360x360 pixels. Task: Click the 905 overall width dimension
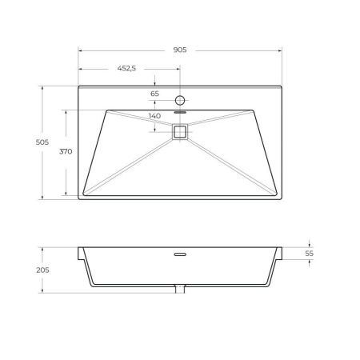(179, 50)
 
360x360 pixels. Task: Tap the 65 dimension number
(155, 94)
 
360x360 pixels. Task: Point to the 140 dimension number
(155, 116)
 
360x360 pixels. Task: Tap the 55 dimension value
(310, 253)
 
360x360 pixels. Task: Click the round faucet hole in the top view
(180, 101)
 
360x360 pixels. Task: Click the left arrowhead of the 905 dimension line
(80, 50)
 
